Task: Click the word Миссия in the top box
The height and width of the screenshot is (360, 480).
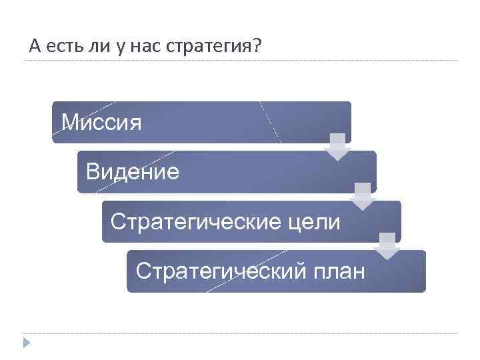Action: tap(101, 123)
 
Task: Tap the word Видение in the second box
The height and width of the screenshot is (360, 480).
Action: tap(133, 173)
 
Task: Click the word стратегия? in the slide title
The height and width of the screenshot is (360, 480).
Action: tap(227, 47)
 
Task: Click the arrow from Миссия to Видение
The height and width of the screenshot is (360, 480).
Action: tap(338, 147)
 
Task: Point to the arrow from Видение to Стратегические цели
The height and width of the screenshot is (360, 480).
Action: tap(363, 197)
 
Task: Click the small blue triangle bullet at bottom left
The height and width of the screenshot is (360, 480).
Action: tap(27, 343)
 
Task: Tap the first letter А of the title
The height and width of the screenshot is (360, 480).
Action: tap(35, 47)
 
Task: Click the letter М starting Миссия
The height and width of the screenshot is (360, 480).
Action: tap(69, 123)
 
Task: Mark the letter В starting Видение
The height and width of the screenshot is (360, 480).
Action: tap(92, 173)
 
